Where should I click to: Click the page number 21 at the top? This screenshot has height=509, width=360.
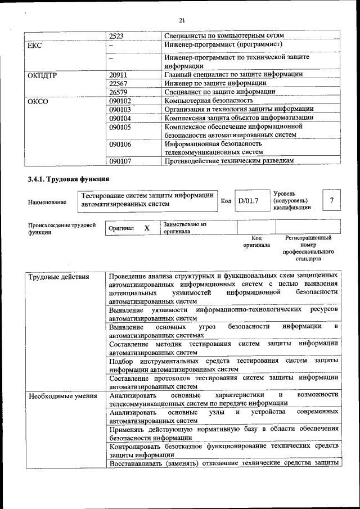pyautogui.click(x=182, y=21)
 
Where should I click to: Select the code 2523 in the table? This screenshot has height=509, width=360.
pyautogui.click(x=116, y=35)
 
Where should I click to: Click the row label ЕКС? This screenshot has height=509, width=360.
pyautogui.click(x=35, y=45)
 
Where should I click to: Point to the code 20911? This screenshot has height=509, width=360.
pyautogui.click(x=119, y=74)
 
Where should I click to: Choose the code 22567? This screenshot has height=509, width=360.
pyautogui.click(x=119, y=83)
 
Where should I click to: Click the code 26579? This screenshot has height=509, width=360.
pyautogui.click(x=119, y=92)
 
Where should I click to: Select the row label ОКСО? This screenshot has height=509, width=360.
pyautogui.click(x=38, y=101)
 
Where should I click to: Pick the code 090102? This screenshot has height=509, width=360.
pyautogui.click(x=120, y=101)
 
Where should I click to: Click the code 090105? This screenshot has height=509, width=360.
pyautogui.click(x=120, y=127)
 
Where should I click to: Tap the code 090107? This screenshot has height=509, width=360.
pyautogui.click(x=120, y=161)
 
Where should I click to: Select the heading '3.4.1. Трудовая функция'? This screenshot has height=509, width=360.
pyautogui.click(x=68, y=179)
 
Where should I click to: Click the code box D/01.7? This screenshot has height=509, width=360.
pyautogui.click(x=248, y=200)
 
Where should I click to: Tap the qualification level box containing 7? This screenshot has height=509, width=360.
pyautogui.click(x=332, y=200)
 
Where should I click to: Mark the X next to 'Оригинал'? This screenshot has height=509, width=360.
pyautogui.click(x=147, y=228)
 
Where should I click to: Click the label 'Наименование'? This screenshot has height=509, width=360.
pyautogui.click(x=47, y=201)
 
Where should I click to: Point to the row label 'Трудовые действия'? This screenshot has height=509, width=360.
pyautogui.click(x=58, y=276)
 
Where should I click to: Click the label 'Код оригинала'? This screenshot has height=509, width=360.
pyautogui.click(x=256, y=241)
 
